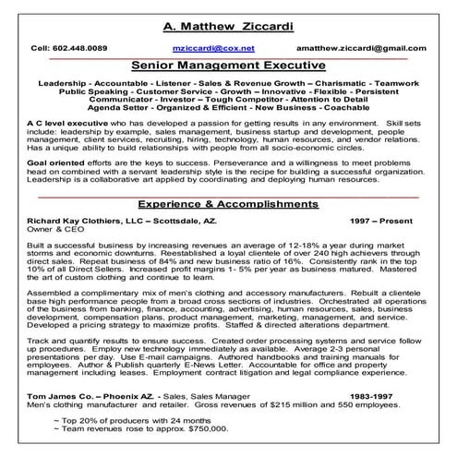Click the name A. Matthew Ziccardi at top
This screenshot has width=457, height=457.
pos(228,25)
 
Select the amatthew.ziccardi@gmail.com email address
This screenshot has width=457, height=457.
pos(367,46)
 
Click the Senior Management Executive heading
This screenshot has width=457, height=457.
pos(227,66)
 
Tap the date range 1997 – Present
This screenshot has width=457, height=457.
pos(384,222)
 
